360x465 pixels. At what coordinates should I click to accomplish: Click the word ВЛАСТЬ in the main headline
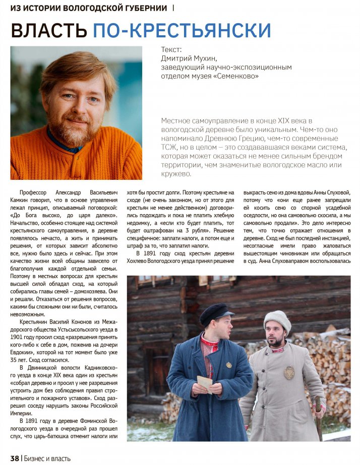coord(49,31)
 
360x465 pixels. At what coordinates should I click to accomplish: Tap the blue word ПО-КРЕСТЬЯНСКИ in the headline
coord(182,31)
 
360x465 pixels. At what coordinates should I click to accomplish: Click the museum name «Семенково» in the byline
coord(239,76)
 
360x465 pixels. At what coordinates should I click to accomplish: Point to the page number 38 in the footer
coord(14,458)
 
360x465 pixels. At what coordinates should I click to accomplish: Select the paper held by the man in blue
coord(205,383)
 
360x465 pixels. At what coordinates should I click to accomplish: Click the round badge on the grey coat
coord(289,372)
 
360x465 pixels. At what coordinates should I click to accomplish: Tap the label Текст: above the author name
coord(171,50)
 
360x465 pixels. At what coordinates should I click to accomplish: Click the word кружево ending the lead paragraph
coord(175,174)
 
